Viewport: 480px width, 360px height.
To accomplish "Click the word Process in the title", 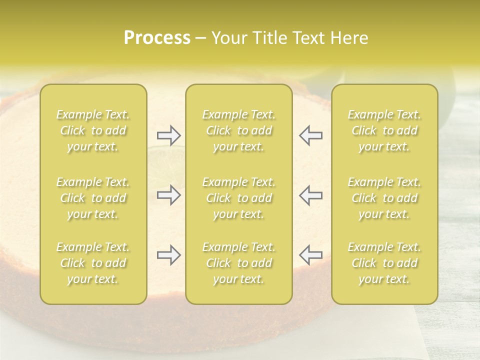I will coord(157,38).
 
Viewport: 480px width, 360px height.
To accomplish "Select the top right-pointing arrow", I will coord(168,135).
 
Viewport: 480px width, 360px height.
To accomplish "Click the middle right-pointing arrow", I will coord(168,195).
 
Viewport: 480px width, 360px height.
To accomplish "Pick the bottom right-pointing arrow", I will coord(168,255).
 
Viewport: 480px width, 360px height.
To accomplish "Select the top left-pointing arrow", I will coord(310,135).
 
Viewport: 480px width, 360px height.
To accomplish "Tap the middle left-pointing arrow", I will coord(310,195).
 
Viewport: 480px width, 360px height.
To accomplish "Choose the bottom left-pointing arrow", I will coord(310,255).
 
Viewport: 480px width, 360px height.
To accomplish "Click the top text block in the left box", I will coord(93,131).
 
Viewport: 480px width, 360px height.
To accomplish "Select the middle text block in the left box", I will coord(93,198).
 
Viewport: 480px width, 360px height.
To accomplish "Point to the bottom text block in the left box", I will coord(93,263).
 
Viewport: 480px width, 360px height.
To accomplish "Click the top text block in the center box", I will coord(238,131).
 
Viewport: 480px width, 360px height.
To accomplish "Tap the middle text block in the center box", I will coord(238,198).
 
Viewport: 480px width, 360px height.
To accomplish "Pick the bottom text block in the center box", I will coord(238,263).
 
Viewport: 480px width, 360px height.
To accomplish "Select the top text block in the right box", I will coord(384,131).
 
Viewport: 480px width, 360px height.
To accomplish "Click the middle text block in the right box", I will coord(384,198).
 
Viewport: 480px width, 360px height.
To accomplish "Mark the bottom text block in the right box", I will coord(384,263).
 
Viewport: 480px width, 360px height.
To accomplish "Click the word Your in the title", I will coord(228,38).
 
